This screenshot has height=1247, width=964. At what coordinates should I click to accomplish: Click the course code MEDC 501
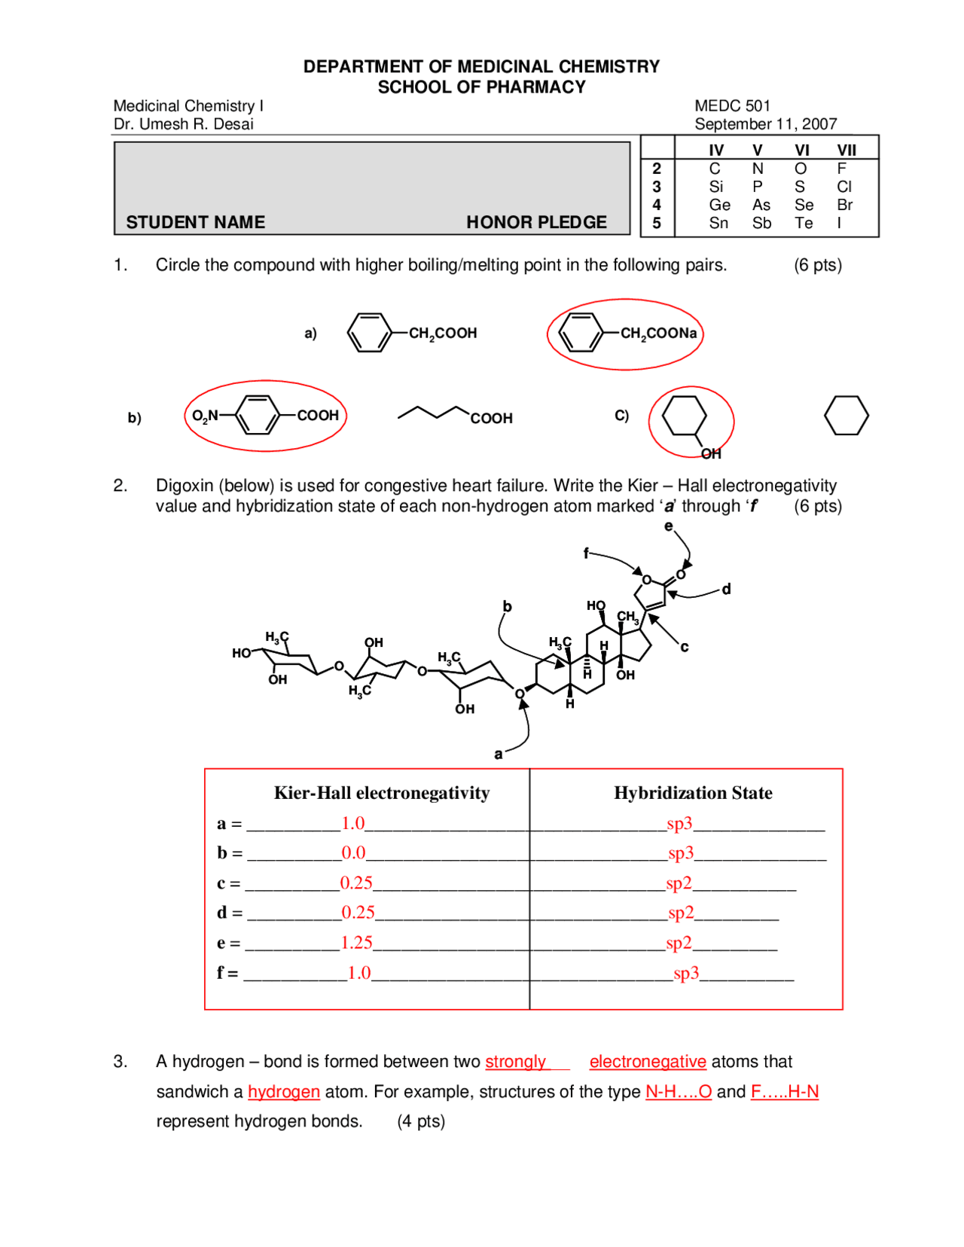(731, 106)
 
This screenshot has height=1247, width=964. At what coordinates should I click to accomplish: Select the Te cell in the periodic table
(803, 224)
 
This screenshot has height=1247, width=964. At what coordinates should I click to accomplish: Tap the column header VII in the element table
(846, 151)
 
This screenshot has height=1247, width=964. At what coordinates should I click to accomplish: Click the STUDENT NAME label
(195, 222)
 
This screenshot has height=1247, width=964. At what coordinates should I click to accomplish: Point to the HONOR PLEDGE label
(535, 222)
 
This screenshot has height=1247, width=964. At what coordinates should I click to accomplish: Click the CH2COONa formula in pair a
(658, 334)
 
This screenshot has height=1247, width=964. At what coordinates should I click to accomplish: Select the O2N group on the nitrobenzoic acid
(204, 416)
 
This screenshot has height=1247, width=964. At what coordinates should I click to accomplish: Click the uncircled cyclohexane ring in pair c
(846, 416)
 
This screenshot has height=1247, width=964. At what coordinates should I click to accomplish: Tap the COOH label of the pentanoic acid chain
(491, 419)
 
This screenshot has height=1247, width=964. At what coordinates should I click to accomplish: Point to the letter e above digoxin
(668, 526)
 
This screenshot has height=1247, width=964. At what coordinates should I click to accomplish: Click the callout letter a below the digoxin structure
(498, 754)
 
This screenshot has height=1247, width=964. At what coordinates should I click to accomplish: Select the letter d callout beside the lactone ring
(726, 589)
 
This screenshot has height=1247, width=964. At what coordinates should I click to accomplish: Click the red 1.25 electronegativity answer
(356, 943)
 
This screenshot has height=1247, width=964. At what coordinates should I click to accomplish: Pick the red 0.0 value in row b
(353, 853)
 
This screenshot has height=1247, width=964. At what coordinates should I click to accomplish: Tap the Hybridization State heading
(692, 793)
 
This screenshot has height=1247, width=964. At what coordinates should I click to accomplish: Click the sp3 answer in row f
(686, 973)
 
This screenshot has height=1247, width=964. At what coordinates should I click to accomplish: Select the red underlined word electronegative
(647, 1062)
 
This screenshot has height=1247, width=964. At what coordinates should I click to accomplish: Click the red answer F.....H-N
(784, 1092)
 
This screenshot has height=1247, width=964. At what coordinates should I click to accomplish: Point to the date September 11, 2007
(765, 124)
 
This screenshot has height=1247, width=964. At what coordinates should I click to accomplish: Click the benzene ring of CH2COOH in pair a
(369, 333)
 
